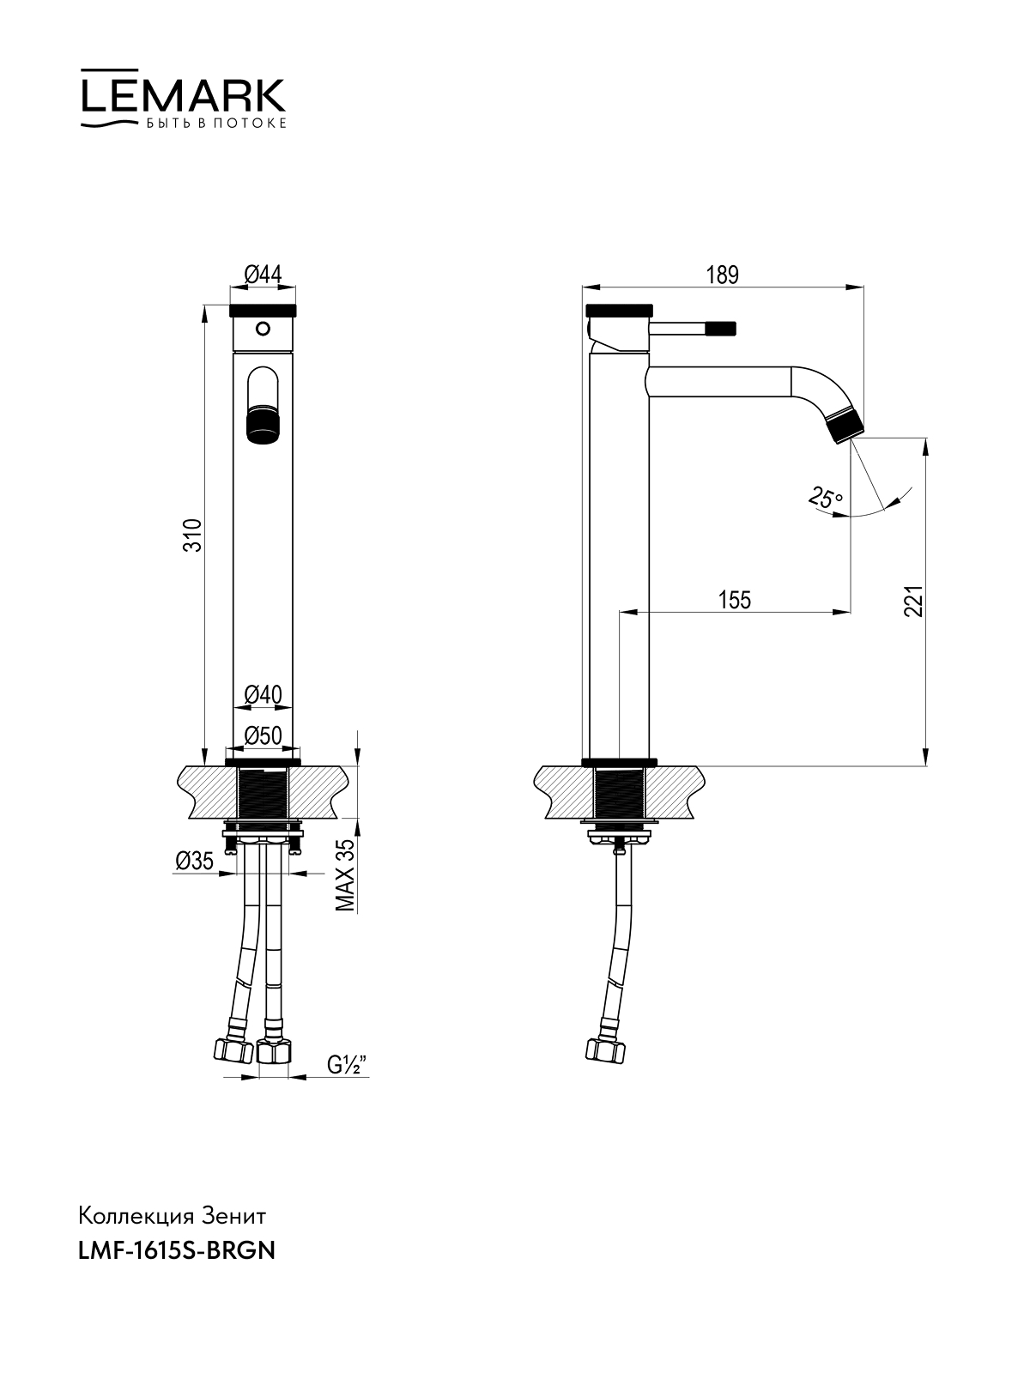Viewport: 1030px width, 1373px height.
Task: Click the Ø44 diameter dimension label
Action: (264, 275)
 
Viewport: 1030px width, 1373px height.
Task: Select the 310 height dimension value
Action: (195, 535)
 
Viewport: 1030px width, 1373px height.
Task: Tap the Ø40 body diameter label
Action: (264, 694)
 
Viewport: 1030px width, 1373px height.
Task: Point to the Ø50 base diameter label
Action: (264, 735)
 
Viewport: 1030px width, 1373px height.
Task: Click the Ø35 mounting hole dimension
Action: (195, 861)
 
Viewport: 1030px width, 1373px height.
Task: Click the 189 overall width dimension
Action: (723, 275)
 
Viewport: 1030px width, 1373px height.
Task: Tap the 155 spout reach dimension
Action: (734, 600)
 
